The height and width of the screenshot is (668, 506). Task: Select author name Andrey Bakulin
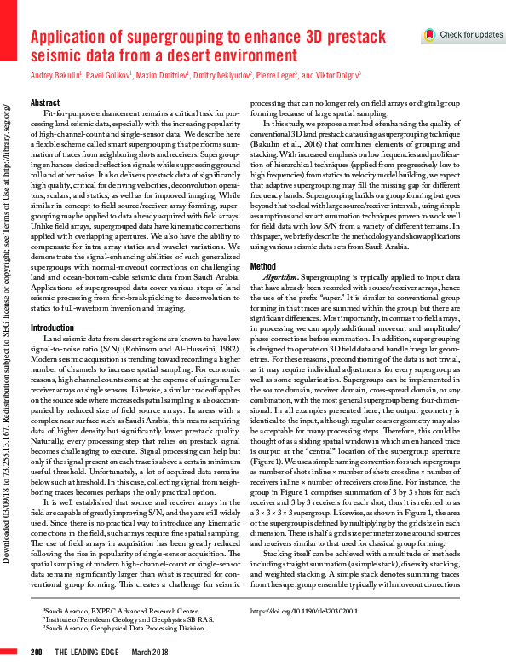(55, 76)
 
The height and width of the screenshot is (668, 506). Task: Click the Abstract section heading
(45, 102)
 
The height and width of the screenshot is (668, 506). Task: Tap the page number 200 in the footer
(37, 652)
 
